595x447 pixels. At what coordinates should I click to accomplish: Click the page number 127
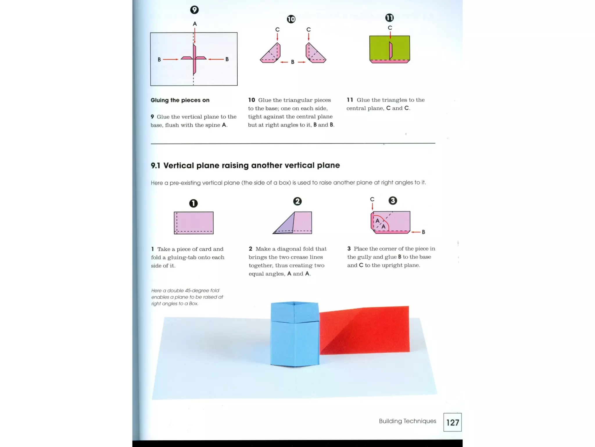tap(452, 423)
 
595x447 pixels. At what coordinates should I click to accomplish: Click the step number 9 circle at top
tap(194, 10)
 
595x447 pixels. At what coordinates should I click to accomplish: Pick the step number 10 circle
tap(291, 19)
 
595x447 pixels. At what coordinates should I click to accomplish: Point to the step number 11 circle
tap(389, 18)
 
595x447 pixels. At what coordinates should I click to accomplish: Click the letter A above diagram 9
tap(195, 24)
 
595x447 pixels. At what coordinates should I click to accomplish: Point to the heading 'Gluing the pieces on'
tap(180, 100)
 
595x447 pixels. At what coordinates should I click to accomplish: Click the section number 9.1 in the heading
tap(155, 166)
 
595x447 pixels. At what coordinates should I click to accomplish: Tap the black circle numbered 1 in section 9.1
tap(193, 203)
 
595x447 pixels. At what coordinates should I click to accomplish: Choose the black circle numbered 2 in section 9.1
tap(297, 201)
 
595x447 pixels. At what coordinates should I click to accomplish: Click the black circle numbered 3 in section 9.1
tap(393, 201)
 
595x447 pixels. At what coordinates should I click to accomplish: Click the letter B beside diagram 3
tap(423, 232)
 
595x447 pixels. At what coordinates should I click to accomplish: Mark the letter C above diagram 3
tap(372, 199)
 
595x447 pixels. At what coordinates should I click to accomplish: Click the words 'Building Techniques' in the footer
tap(407, 421)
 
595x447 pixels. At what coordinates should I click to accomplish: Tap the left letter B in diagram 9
tap(159, 59)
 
